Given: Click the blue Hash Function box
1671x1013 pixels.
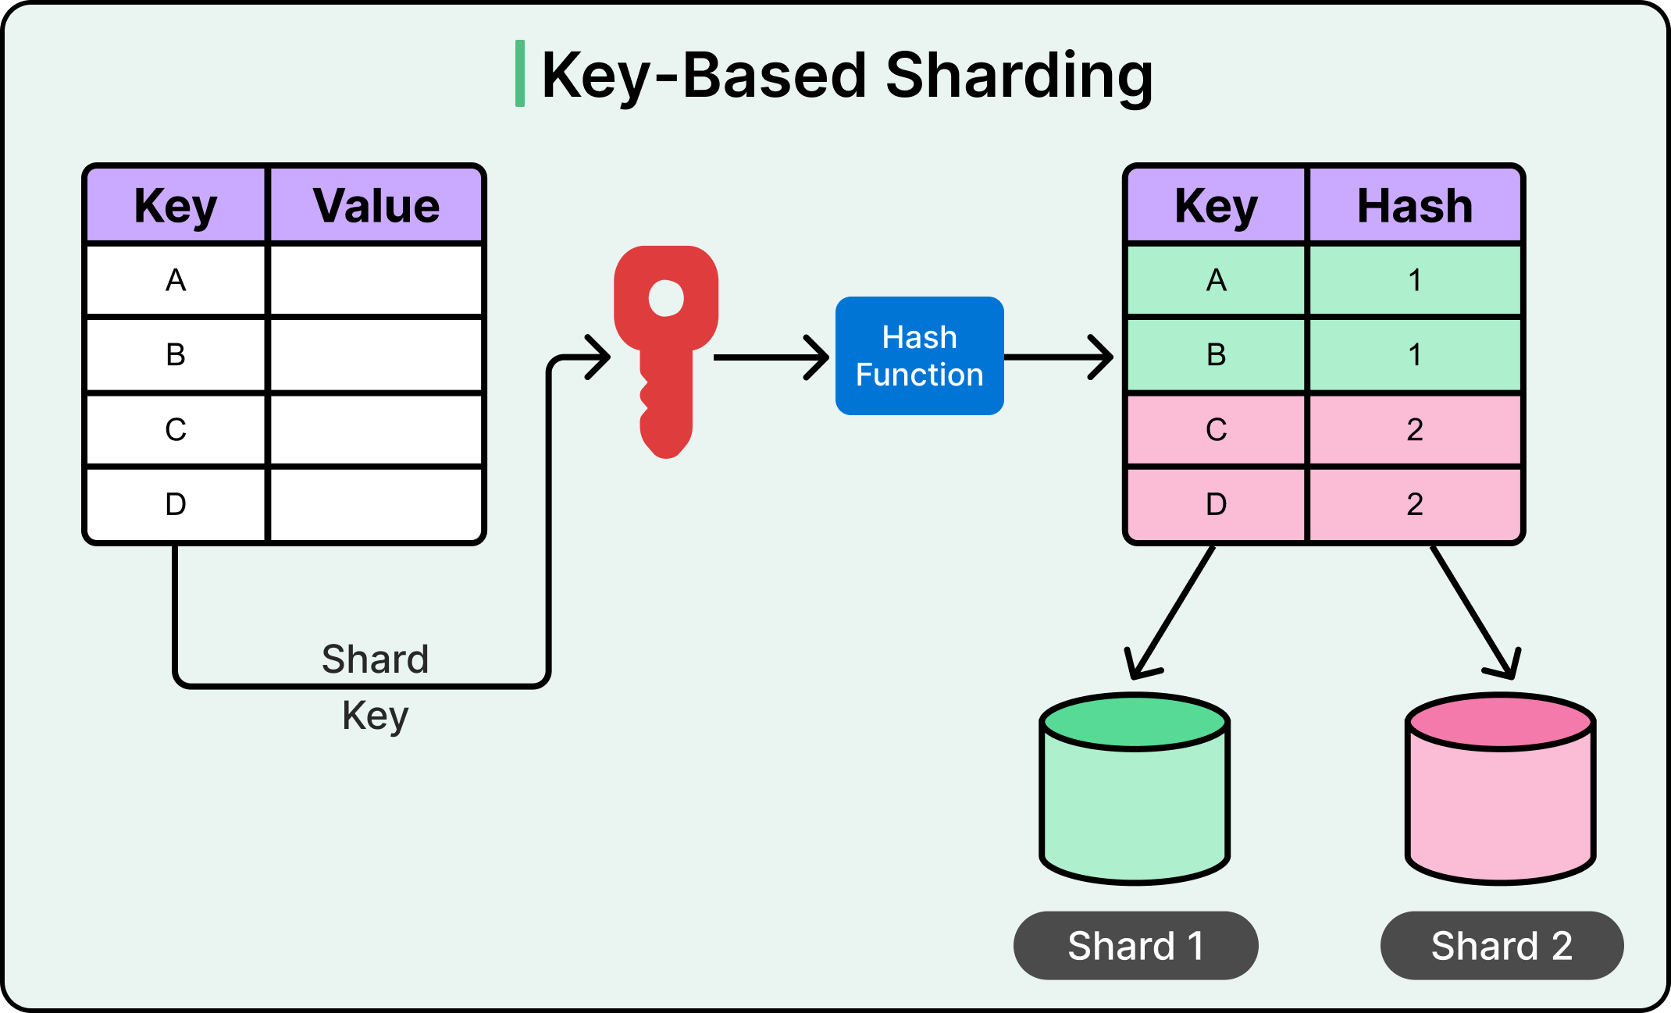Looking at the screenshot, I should click(919, 356).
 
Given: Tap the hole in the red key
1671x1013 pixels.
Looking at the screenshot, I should click(666, 298).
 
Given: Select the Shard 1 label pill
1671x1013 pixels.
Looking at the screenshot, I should click(1135, 945).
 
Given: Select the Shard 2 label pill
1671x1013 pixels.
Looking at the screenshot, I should click(1502, 945).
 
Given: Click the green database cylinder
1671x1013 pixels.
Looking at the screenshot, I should click(1135, 804).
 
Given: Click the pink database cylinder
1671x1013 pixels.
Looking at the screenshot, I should click(1500, 804).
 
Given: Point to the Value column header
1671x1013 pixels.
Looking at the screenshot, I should click(376, 206).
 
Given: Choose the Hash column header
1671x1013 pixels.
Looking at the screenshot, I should click(1414, 206).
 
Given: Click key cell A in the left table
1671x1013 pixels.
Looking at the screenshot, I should click(176, 280).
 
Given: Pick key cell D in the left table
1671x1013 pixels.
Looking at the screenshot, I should click(176, 504).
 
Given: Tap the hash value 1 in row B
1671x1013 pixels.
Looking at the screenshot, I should click(1414, 355).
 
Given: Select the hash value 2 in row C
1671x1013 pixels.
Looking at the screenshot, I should click(1414, 429).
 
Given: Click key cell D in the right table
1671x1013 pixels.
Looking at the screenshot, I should click(1216, 504).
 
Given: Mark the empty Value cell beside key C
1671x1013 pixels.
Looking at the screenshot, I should click(376, 429).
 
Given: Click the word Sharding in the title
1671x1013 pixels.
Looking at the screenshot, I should click(1019, 76).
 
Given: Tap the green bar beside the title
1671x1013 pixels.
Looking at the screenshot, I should click(520, 73).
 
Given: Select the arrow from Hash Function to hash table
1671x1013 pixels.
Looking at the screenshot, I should click(1058, 357).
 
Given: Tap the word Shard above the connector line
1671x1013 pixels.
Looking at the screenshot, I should click(376, 659).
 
